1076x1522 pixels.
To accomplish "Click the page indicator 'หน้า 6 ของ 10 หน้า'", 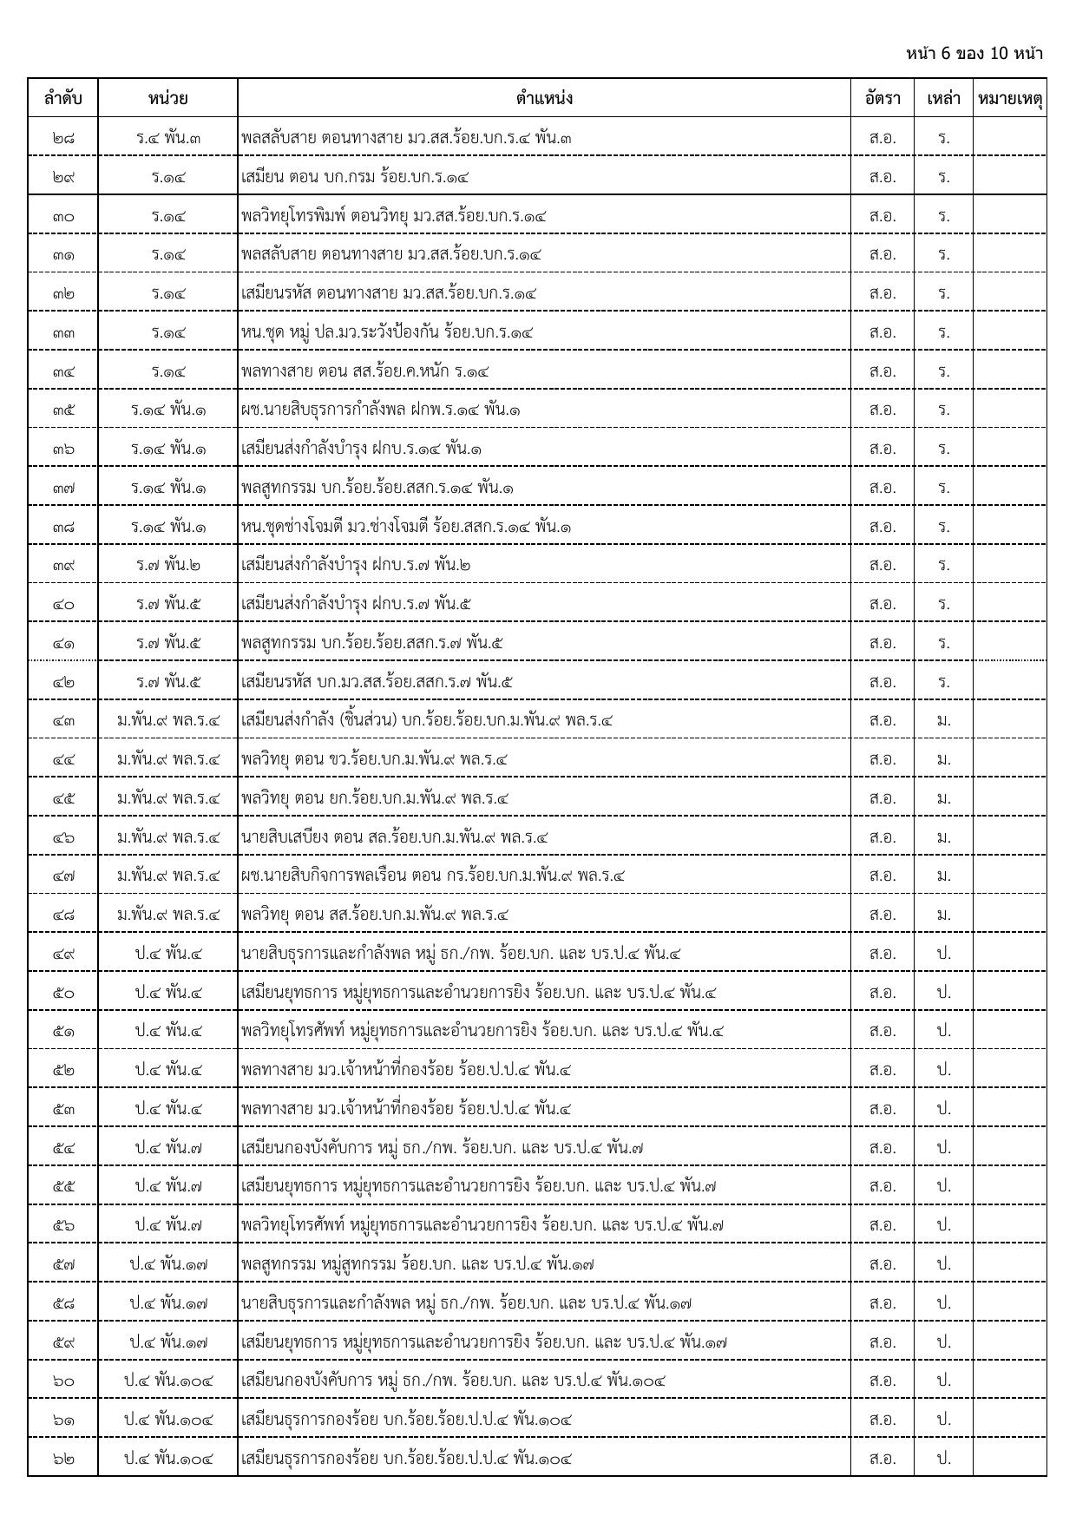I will click(974, 54).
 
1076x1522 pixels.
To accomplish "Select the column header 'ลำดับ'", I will click(62, 98).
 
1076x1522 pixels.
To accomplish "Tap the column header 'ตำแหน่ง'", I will click(544, 98).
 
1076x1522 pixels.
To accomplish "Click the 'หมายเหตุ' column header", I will click(1009, 98).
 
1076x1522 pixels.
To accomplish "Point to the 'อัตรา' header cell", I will click(882, 98).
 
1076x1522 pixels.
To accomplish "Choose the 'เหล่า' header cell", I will click(943, 98).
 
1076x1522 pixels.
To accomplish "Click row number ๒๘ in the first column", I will click(62, 137).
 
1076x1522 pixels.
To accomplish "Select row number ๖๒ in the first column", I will click(62, 1458).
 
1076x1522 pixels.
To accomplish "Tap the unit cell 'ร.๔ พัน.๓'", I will click(168, 137).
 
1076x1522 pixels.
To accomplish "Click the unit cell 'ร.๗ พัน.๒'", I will click(168, 565).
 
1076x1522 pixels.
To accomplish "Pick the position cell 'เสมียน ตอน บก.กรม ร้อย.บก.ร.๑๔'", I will click(355, 176).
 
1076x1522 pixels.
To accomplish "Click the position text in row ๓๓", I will click(387, 331).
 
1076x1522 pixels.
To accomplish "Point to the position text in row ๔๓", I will click(427, 720).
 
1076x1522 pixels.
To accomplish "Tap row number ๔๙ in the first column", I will click(62, 953).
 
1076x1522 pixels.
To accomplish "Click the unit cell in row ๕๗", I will click(168, 1263).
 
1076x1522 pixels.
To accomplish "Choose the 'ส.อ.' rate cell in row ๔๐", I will click(882, 604).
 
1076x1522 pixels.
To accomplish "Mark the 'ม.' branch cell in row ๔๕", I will click(943, 797).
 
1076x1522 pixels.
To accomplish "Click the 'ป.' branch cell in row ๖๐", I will click(943, 1380).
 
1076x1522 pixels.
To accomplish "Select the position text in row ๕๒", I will click(406, 1069).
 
